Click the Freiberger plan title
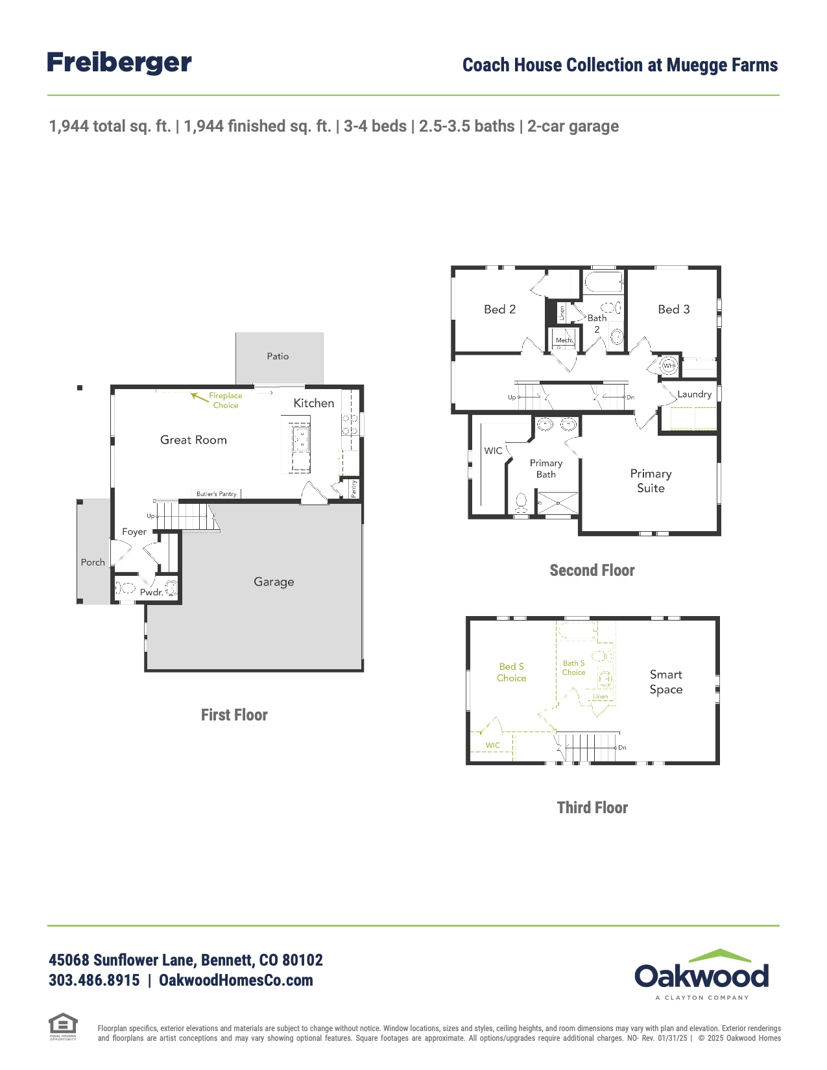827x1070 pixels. click(119, 63)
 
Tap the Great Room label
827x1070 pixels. click(193, 440)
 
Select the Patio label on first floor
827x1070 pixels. click(278, 356)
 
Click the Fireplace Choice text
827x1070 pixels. click(225, 400)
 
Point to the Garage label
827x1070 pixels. click(274, 582)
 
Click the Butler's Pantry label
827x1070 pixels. click(217, 494)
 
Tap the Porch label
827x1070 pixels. click(93, 562)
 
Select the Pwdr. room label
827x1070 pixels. click(151, 592)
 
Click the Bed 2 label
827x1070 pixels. click(499, 309)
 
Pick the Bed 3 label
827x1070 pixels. click(673, 309)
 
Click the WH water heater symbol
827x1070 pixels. click(669, 366)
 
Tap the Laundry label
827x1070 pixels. click(694, 394)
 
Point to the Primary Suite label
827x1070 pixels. click(651, 481)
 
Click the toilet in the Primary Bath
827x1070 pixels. click(521, 503)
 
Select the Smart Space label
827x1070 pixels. click(666, 682)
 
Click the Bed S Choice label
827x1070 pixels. click(511, 672)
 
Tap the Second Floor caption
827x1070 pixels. click(592, 570)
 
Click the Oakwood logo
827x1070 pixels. click(702, 974)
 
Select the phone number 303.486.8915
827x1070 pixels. click(94, 980)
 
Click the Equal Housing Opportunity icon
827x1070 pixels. click(63, 1026)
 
